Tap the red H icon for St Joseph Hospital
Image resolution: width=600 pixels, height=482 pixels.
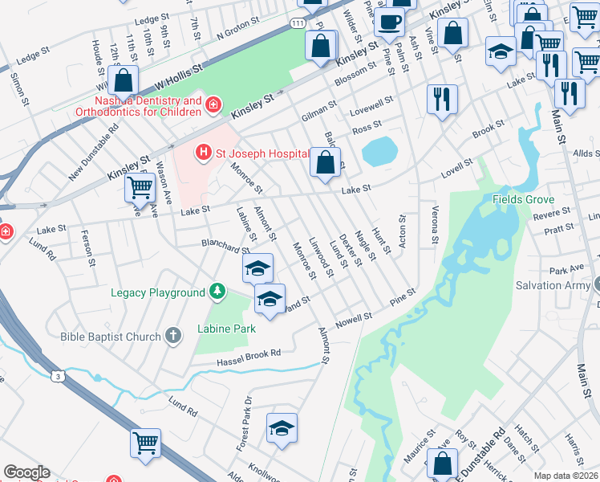coord(204,152)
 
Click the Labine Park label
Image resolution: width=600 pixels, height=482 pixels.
coord(227,329)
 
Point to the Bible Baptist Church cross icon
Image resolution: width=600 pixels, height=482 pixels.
coord(173,337)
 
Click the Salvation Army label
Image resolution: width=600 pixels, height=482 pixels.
coord(552,285)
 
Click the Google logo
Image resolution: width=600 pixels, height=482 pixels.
coord(26,472)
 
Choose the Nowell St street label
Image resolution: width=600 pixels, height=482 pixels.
coord(354,319)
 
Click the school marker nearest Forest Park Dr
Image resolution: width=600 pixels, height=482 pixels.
coord(282,428)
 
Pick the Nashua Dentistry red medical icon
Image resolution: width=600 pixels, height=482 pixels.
coord(213,104)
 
